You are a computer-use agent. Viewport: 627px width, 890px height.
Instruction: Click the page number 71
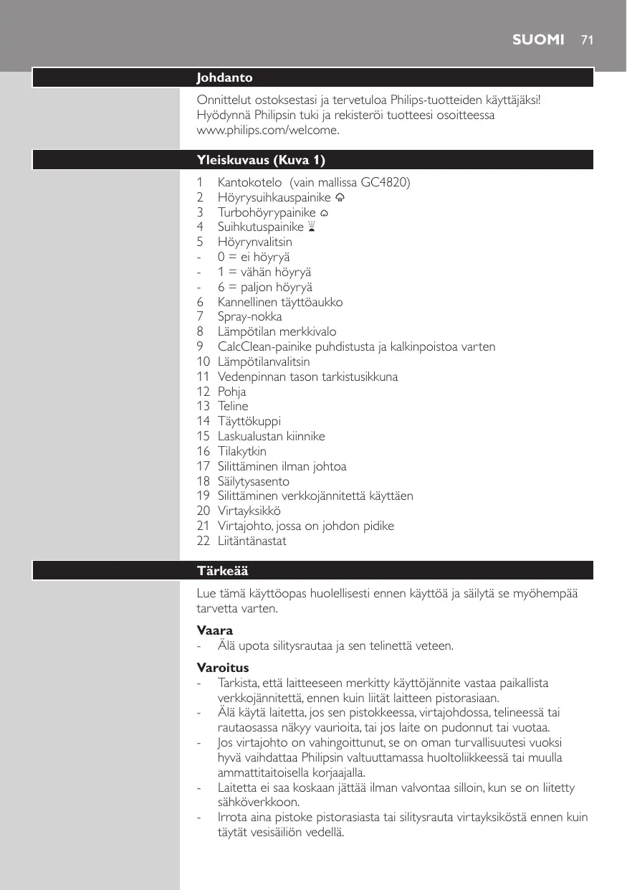pyautogui.click(x=588, y=40)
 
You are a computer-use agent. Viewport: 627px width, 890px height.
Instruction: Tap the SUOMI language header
pyautogui.click(x=538, y=40)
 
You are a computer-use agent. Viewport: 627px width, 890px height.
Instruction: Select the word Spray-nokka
pyautogui.click(x=249, y=316)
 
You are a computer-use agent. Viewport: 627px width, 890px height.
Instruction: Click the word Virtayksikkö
pyautogui.click(x=249, y=511)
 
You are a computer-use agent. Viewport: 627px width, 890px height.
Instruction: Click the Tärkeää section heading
pyautogui.click(x=223, y=571)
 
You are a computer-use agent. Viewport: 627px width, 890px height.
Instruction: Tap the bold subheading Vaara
pyautogui.click(x=213, y=630)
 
